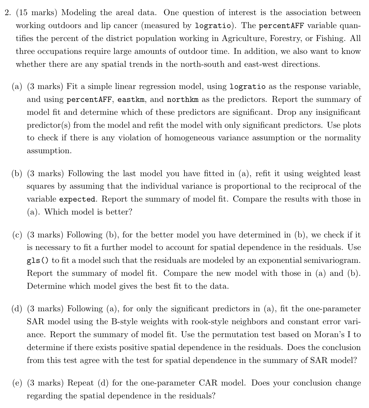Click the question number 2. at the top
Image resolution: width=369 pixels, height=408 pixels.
point(9,13)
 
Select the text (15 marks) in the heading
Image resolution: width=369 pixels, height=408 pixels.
point(36,13)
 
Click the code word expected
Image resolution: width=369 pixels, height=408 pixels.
point(77,199)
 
